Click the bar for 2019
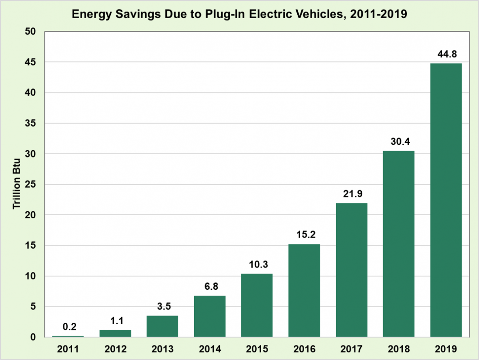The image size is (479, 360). click(446, 200)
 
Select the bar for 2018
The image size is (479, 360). click(399, 244)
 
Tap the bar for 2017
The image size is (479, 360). click(352, 270)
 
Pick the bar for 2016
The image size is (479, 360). click(304, 291)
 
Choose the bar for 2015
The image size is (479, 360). click(257, 305)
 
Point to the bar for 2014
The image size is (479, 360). click(210, 316)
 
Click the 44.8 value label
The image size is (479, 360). click(446, 54)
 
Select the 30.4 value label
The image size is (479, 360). click(399, 142)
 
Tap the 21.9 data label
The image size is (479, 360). click(352, 194)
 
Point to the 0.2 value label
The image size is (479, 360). click(68, 326)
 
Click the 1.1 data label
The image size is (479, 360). click(115, 321)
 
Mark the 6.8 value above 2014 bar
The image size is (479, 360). click(210, 287)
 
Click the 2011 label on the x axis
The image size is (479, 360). click(68, 349)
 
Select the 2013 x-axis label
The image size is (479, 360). click(162, 349)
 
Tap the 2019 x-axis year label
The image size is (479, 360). click(446, 349)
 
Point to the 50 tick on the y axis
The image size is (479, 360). click(31, 32)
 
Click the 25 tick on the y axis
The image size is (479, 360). click(31, 184)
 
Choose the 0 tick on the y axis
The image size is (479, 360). click(33, 337)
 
